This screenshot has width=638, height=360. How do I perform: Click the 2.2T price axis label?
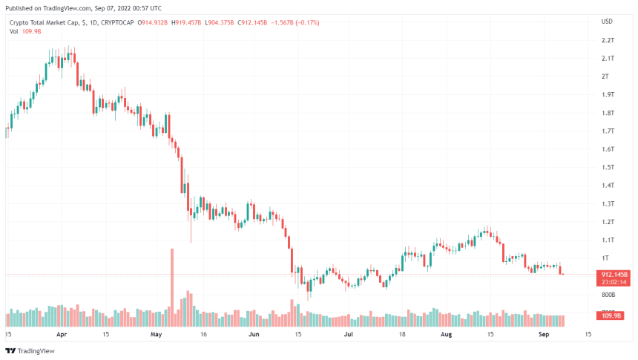point(607,40)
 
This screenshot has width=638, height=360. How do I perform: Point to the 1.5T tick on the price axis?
point(607,167)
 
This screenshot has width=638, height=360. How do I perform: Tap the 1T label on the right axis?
point(605,258)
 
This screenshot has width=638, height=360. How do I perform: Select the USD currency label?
point(607,22)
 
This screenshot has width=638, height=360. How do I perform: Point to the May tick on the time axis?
point(156,335)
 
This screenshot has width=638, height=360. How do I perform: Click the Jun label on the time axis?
point(253,335)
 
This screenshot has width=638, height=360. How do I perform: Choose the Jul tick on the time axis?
point(347,335)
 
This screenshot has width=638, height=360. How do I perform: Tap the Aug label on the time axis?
point(445,335)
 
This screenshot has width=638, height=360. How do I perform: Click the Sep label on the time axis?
point(542,335)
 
